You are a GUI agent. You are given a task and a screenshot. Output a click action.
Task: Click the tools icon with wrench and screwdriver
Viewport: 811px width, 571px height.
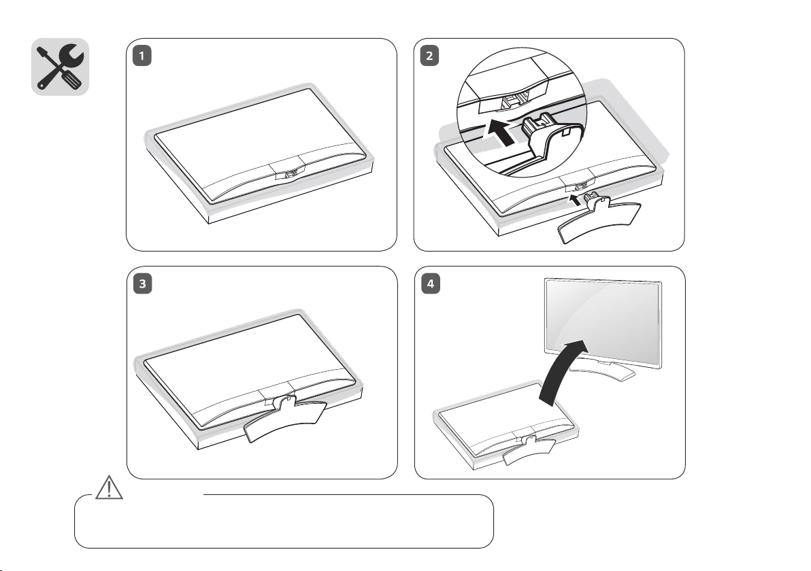60,67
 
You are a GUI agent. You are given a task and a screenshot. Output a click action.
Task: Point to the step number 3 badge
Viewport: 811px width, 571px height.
143,284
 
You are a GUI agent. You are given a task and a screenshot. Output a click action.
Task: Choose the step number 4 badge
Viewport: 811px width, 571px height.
430,284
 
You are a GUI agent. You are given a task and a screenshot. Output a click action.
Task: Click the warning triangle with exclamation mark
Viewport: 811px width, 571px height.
109,487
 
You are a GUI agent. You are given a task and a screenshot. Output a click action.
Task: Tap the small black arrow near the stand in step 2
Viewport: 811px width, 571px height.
575,200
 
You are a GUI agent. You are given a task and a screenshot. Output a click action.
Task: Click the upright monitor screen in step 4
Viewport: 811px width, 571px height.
603,322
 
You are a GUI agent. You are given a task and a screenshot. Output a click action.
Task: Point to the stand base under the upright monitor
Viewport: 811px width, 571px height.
602,371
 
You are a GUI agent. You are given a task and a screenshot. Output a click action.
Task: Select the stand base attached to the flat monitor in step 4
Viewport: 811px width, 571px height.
529,451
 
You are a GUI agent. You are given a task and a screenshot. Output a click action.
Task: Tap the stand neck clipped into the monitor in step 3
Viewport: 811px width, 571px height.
283,402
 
